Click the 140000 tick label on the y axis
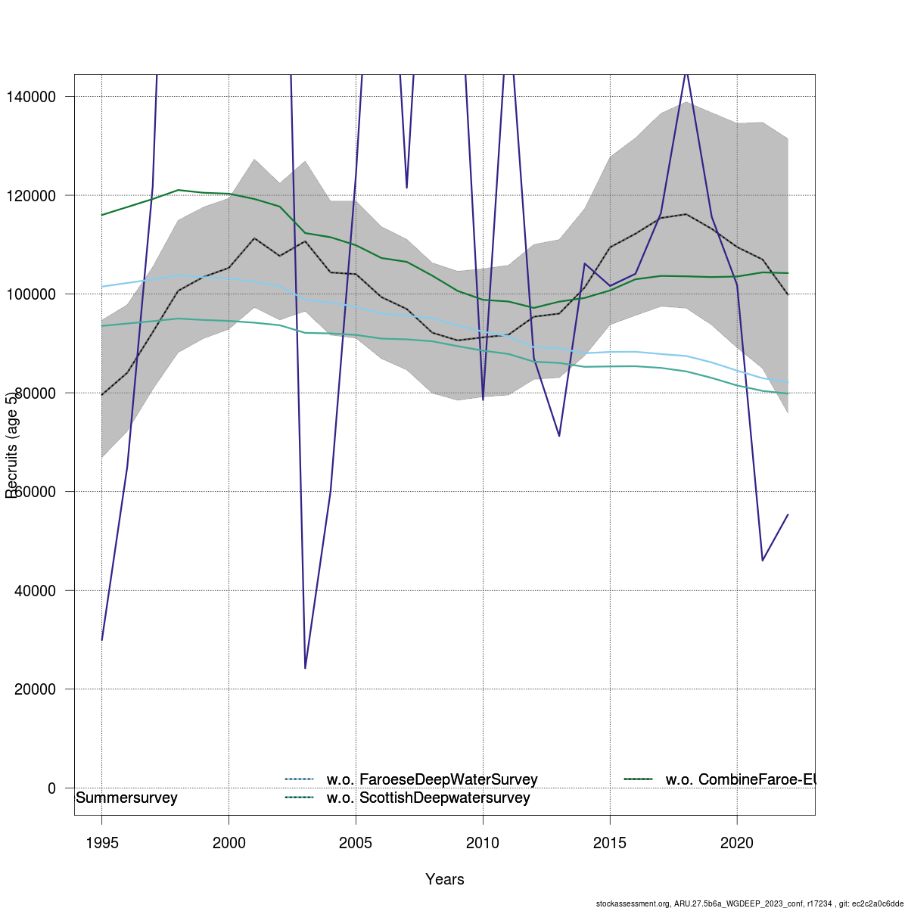pyautogui.click(x=31, y=97)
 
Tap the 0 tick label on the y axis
pyautogui.click(x=51, y=788)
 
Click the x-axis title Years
pyautogui.click(x=445, y=879)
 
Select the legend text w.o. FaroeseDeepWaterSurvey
pyautogui.click(x=432, y=779)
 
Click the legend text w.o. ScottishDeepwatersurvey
pyautogui.click(x=428, y=798)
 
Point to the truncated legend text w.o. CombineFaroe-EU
pyautogui.click(x=740, y=779)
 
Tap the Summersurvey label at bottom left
pyautogui.click(x=127, y=798)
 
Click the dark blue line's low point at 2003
pyautogui.click(x=305, y=668)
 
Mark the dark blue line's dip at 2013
pyautogui.click(x=559, y=436)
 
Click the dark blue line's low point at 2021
pyautogui.click(x=762, y=561)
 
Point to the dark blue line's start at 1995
pyautogui.click(x=101, y=640)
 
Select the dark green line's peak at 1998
pyautogui.click(x=178, y=190)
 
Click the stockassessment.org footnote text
pyautogui.click(x=749, y=903)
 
